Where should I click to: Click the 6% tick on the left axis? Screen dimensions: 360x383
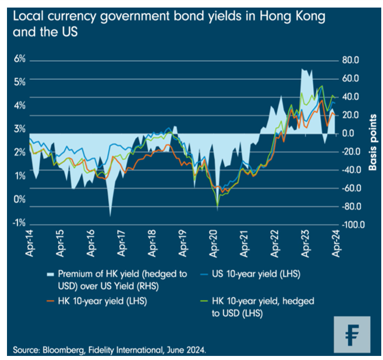tap(19, 59)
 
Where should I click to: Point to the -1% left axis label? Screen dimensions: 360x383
tap(19, 223)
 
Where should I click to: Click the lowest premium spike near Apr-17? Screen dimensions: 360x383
tap(110, 216)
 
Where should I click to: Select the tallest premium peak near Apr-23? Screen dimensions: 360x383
tap(303, 69)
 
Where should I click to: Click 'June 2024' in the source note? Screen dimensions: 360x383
tap(185, 350)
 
